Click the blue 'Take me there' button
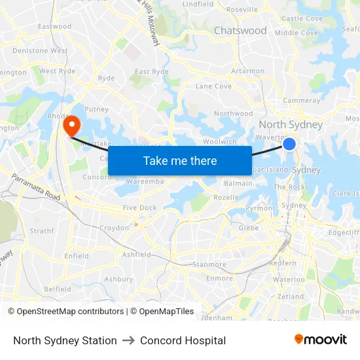pyautogui.click(x=180, y=160)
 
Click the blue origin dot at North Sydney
pyautogui.click(x=289, y=144)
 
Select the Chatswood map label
pyautogui.click(x=240, y=31)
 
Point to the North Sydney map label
pyautogui.click(x=291, y=125)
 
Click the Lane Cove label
pyautogui.click(x=213, y=86)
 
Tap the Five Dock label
pyautogui.click(x=139, y=208)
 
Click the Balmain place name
pyautogui.click(x=238, y=183)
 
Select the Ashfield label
pyautogui.click(x=136, y=255)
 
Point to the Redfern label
pyautogui.click(x=283, y=262)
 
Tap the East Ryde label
pyautogui.click(x=151, y=72)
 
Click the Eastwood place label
pyautogui.click(x=54, y=27)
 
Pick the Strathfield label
pyautogui.click(x=42, y=231)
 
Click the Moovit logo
pyautogui.click(x=321, y=340)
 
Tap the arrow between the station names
pyautogui.click(x=128, y=340)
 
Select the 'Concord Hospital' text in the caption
pyautogui.click(x=183, y=340)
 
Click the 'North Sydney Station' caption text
pyautogui.click(x=65, y=340)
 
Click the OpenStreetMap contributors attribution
pyautogui.click(x=66, y=312)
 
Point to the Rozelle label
pyautogui.click(x=226, y=197)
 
